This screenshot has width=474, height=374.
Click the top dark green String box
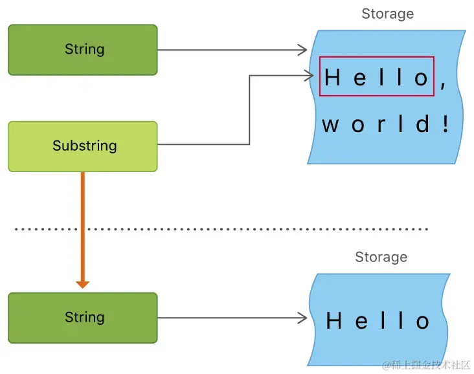click(x=82, y=50)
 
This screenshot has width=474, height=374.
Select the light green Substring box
click(x=82, y=146)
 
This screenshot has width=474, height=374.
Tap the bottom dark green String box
click(x=82, y=318)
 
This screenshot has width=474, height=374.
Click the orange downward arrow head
click(x=82, y=283)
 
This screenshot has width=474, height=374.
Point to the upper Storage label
click(x=387, y=14)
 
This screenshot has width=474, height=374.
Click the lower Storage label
click(x=381, y=257)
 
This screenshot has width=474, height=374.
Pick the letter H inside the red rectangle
click(x=332, y=78)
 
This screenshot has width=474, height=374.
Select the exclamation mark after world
click(x=446, y=124)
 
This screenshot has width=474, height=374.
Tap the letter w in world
click(x=330, y=124)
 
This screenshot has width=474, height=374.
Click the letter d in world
click(x=423, y=124)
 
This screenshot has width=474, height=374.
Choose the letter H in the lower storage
click(x=334, y=321)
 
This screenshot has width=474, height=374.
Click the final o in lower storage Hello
click(x=423, y=322)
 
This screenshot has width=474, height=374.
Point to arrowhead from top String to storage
click(x=302, y=50)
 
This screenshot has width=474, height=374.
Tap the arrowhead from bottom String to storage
click(x=302, y=318)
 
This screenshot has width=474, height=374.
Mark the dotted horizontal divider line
click(x=220, y=229)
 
